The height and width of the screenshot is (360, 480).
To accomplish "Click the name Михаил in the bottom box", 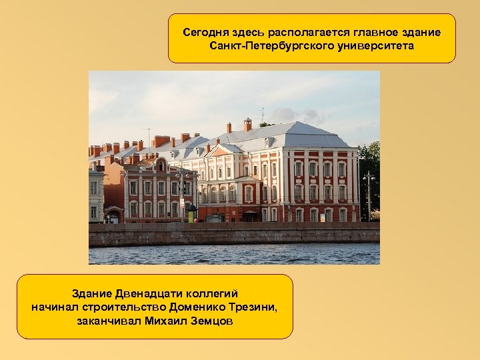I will click(167, 321).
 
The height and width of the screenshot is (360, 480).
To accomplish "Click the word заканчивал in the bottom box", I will click(109, 321).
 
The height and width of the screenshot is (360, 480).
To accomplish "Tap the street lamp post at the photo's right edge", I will click(369, 197).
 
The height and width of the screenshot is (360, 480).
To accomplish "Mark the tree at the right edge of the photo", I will click(371, 167).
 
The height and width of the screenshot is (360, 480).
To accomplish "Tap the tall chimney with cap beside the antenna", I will click(247, 125).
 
